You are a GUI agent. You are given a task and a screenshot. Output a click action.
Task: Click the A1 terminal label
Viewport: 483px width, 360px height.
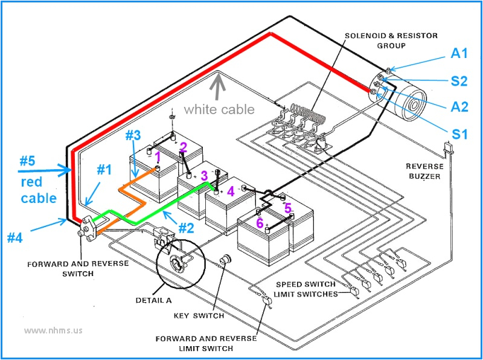(459, 54)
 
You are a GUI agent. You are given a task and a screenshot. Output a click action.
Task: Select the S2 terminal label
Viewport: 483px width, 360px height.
(459, 80)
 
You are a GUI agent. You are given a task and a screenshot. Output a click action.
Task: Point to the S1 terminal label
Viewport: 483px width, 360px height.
(460, 134)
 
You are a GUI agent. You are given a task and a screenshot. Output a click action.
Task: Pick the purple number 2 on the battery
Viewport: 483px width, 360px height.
(183, 147)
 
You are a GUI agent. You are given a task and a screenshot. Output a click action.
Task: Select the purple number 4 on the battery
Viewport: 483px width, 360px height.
(230, 192)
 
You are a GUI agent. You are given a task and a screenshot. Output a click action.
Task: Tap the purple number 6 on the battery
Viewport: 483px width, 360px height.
(259, 223)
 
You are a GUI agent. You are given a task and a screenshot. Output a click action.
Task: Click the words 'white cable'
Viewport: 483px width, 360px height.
(219, 109)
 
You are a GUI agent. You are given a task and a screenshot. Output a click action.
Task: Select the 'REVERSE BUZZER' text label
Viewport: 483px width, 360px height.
(424, 171)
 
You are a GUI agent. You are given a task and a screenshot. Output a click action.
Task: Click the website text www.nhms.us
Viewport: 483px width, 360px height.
(53, 330)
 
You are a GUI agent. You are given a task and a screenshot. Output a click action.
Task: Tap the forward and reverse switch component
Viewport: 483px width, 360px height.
(89, 229)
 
